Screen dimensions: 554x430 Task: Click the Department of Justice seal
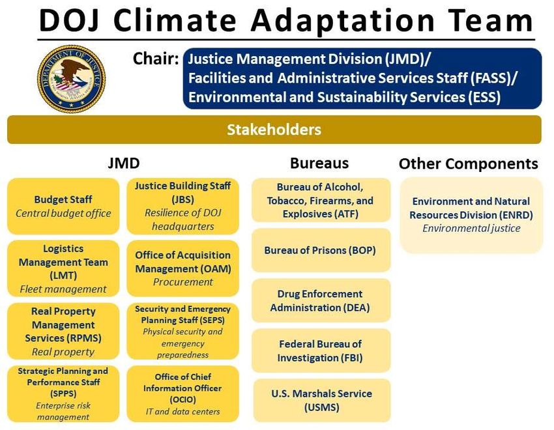pos(72,79)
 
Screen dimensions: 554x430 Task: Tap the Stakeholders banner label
pos(274,130)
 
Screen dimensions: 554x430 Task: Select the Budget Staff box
pos(63,206)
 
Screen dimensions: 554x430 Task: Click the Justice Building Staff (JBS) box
pos(182,206)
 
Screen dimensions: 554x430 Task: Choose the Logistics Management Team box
pos(63,268)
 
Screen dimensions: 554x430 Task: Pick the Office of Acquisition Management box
pos(182,268)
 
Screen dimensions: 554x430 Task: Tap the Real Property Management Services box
pos(63,331)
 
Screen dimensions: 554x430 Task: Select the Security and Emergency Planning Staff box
pos(182,331)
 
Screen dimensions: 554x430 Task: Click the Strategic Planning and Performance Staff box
pos(63,394)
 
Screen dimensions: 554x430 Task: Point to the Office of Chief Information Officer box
pos(182,394)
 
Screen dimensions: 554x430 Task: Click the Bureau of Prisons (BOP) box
pos(321,250)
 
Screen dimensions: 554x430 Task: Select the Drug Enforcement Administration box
pos(321,300)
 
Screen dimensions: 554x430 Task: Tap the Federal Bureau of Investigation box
pos(321,351)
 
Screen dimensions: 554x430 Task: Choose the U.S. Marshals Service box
pos(321,400)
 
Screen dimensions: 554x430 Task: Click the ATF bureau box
pos(321,200)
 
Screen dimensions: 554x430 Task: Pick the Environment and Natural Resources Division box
pos(471,215)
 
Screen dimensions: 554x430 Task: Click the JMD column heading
pos(124,163)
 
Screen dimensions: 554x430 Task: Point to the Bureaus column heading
pos(319,163)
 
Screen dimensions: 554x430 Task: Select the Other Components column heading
pos(469,164)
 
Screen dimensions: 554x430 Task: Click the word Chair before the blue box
pos(156,59)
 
